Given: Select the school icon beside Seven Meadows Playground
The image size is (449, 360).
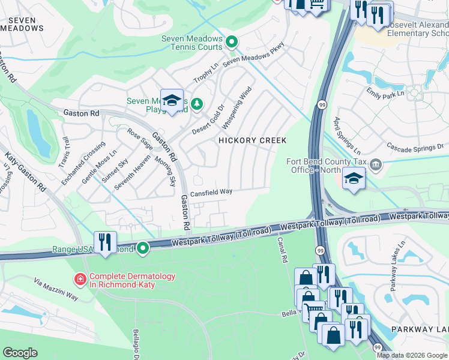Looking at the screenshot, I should [172, 101].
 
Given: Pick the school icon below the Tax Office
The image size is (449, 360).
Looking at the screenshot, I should [354, 178].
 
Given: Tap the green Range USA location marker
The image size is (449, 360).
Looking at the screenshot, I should [143, 247].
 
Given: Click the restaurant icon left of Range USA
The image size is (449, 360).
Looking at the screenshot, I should [105, 242].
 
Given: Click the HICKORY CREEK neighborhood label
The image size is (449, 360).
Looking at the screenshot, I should [252, 140].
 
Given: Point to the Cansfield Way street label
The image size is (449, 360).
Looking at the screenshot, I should [211, 193].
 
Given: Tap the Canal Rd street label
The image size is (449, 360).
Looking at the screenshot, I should [282, 250].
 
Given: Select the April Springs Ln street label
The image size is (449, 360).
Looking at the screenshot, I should [348, 135].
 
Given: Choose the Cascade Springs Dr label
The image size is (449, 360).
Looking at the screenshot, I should [415, 146].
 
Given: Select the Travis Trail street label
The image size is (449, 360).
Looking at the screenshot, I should [65, 153].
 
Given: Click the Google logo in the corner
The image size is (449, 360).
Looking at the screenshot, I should [20, 353].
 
